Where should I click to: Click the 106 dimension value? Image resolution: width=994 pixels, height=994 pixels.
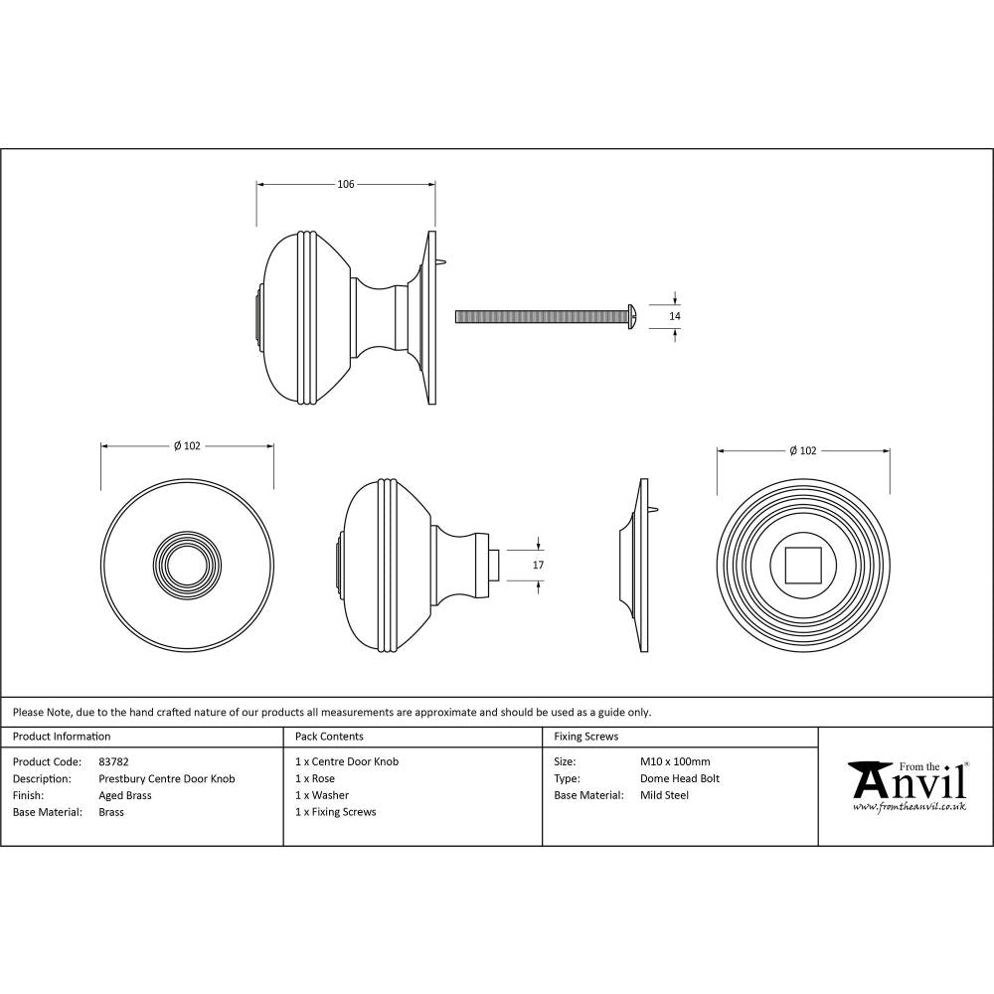point(346,184)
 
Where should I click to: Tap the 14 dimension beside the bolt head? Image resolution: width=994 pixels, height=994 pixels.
point(676,316)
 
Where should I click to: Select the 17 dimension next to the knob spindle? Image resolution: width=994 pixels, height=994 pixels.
point(539,565)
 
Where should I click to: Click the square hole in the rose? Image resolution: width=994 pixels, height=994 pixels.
point(802,565)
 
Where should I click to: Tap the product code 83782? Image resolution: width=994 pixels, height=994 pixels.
point(113,761)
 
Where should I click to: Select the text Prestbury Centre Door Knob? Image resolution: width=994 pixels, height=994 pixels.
point(167,778)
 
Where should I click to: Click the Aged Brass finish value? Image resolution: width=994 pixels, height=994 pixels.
point(125,795)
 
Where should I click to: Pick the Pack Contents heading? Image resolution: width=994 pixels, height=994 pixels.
point(329,737)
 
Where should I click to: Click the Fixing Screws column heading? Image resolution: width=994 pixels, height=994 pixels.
point(585,737)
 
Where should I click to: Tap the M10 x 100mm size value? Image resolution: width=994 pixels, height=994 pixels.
point(675,761)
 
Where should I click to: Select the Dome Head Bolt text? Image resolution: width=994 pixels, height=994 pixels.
point(680,778)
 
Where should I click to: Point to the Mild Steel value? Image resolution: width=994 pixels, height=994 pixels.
point(664,795)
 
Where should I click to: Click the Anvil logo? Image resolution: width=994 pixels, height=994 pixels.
point(907,782)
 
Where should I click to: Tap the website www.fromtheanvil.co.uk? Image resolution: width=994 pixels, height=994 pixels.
point(909,807)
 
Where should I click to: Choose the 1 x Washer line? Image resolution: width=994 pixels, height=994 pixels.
point(322,795)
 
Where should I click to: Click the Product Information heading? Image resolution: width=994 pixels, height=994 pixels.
point(62,737)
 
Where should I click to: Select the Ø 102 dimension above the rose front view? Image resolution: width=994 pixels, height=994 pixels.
point(802,450)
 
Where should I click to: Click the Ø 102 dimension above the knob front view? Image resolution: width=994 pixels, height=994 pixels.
point(187,446)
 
